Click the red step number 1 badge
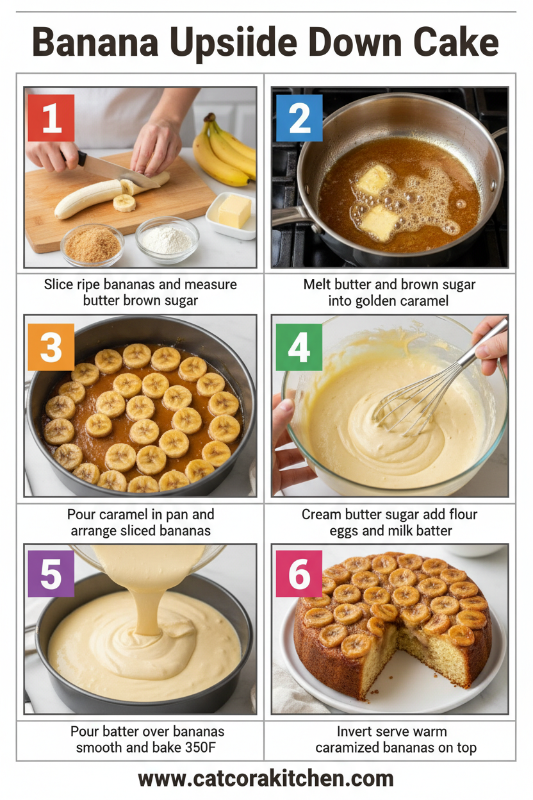pyautogui.click(x=51, y=118)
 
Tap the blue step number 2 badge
pyautogui.click(x=299, y=118)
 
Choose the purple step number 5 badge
pyautogui.click(x=51, y=574)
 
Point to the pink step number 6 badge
pyautogui.click(x=299, y=574)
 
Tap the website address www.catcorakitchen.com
pyautogui.click(x=266, y=779)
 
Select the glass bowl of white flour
pyautogui.click(x=167, y=240)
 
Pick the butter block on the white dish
pyautogui.click(x=234, y=211)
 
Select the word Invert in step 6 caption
pyautogui.click(x=354, y=731)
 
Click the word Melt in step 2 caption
pyautogui.click(x=318, y=284)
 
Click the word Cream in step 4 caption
pyautogui.click(x=319, y=515)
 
